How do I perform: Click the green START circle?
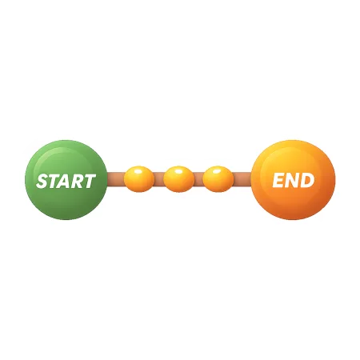(x=66, y=180)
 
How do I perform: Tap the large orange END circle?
(x=293, y=180)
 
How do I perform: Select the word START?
(x=66, y=181)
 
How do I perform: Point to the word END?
(x=294, y=180)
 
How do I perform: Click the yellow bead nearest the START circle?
(x=139, y=179)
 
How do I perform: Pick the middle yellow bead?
(x=178, y=179)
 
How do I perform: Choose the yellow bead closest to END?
(x=218, y=179)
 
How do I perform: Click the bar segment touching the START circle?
(x=116, y=179)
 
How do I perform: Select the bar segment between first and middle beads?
(x=159, y=179)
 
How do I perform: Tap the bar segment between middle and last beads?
(x=198, y=179)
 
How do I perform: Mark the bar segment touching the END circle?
(x=242, y=179)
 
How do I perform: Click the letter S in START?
(x=42, y=182)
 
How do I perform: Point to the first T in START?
(x=54, y=182)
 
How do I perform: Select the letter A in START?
(x=65, y=182)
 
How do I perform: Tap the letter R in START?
(x=78, y=182)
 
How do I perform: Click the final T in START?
(x=90, y=182)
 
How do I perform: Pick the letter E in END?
(x=278, y=180)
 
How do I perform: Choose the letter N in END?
(x=292, y=180)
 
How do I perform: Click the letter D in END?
(x=307, y=180)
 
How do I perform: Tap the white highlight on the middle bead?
(x=178, y=171)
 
